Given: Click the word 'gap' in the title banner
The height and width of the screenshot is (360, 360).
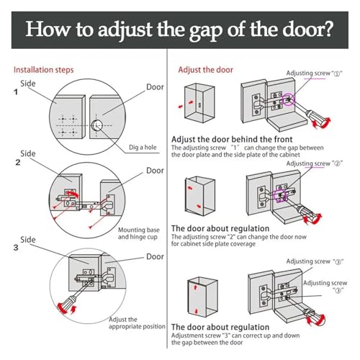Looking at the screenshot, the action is tap(206, 30).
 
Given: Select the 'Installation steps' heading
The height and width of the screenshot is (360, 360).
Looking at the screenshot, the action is tap(43, 70).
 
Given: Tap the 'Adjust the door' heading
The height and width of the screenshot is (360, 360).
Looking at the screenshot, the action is tap(205, 70).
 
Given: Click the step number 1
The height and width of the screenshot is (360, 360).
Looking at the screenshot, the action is tap(16, 92).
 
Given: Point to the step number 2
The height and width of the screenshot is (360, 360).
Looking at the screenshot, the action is tap(18, 163).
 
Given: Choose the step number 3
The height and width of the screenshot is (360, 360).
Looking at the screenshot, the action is tap(16, 248).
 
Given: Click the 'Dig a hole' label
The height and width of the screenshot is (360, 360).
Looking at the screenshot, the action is tap(143, 147).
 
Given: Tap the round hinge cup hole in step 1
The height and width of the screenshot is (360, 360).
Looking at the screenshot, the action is tap(96, 125).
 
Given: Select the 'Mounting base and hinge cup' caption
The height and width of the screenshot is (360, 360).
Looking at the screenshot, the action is tap(138, 233).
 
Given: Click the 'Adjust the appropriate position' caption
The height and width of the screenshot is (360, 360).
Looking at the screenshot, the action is tap(137, 323).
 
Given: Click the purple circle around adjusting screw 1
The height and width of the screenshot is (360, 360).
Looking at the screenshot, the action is tap(288, 99).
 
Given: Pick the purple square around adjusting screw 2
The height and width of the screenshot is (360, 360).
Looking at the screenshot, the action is tap(279, 196).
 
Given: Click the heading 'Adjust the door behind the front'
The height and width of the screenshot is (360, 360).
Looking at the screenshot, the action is tap(232, 139).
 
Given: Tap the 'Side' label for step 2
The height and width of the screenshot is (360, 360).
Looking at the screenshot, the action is tap(28, 153).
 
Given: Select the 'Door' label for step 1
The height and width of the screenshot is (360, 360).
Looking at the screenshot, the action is tap(155, 87).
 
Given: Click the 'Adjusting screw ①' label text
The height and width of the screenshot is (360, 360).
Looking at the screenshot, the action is tap(314, 73).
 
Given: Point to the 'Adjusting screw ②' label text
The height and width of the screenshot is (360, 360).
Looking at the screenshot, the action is tap(314, 163).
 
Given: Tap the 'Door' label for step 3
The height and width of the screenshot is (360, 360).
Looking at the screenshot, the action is tap(155, 256).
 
